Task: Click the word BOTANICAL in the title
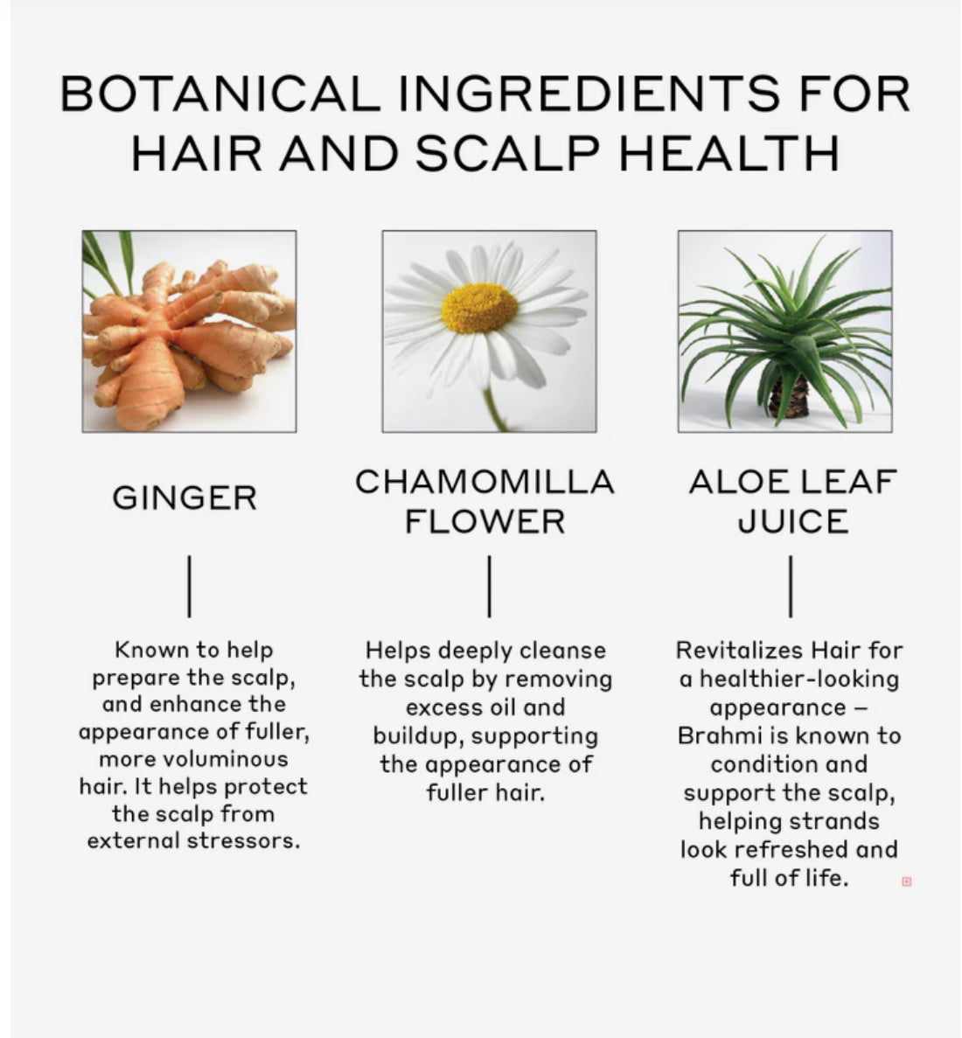pyautogui.click(x=220, y=94)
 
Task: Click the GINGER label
pyautogui.click(x=185, y=498)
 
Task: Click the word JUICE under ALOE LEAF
pyautogui.click(x=792, y=521)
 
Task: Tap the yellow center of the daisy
pyautogui.click(x=479, y=308)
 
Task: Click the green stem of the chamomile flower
pyautogui.click(x=493, y=409)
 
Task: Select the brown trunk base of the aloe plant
pyautogui.click(x=790, y=397)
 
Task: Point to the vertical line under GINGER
pyautogui.click(x=190, y=586)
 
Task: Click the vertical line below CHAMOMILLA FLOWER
pyautogui.click(x=489, y=586)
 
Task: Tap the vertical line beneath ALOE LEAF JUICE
pyautogui.click(x=791, y=586)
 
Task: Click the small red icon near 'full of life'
pyautogui.click(x=906, y=881)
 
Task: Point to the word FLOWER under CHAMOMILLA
pyautogui.click(x=484, y=521)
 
